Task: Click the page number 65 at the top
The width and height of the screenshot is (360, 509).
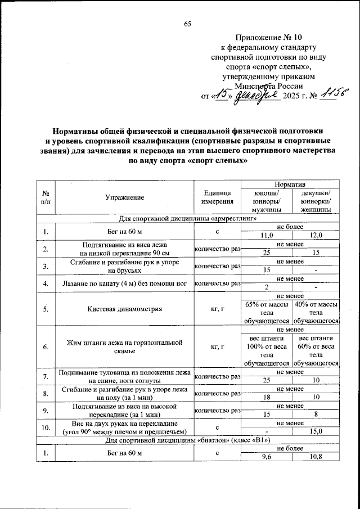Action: point(188,23)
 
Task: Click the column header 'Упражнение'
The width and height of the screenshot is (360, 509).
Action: point(124,197)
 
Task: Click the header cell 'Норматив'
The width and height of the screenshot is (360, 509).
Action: point(289,184)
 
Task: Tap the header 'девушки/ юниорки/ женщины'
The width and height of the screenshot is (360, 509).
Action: point(316,201)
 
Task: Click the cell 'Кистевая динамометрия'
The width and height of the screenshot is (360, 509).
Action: point(124,309)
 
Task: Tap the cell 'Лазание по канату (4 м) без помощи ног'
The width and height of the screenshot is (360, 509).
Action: point(124,283)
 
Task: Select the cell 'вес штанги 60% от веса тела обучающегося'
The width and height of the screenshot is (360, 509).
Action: point(316,352)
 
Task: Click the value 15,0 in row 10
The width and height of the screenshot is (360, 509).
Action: point(316,431)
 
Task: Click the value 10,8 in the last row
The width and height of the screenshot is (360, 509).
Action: point(316,456)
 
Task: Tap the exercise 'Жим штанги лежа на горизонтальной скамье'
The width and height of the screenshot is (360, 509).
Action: point(124,346)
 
